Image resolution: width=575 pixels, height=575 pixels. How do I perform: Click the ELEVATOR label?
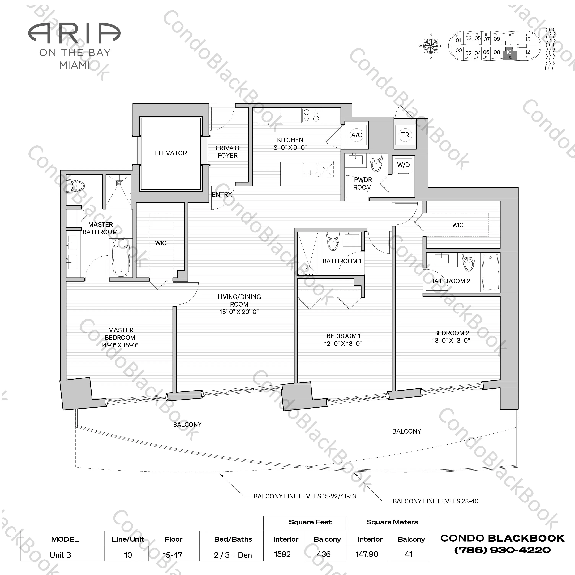coord(171,153)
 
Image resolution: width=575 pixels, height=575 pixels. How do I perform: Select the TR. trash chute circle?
coord(405,135)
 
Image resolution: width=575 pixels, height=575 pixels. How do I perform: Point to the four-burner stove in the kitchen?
coord(311,116)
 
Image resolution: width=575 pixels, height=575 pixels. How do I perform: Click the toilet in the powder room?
coord(376,164)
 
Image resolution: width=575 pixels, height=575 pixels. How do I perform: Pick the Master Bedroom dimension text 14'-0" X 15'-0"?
coord(119,345)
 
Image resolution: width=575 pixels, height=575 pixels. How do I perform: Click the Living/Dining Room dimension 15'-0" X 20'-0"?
coord(239,312)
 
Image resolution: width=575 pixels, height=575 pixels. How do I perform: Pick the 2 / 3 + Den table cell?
coord(233,555)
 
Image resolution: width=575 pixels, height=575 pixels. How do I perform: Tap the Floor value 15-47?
coord(173,555)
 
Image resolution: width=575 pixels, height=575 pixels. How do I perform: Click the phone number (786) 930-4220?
coord(502,550)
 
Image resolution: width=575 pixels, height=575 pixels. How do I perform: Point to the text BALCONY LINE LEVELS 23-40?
coord(436,501)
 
